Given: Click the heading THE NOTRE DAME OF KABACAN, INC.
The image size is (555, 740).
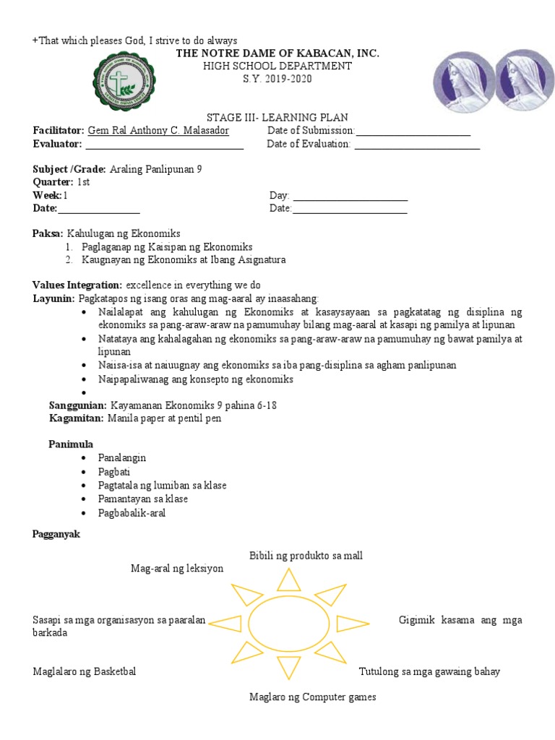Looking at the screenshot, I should pos(277,54).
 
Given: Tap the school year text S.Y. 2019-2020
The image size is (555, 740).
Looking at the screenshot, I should pos(277,79).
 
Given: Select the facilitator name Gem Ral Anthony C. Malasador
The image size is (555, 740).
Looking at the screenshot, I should pos(158,131).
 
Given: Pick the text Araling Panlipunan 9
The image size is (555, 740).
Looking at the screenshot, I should pos(155,169).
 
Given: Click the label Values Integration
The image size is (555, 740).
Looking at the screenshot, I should pos(77,285).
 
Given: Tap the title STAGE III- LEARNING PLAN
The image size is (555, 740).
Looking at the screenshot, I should pos(278,118).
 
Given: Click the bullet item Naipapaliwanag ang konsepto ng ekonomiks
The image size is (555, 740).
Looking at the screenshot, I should pos(195,379).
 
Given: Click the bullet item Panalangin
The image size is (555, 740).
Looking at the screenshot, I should pos(122,458).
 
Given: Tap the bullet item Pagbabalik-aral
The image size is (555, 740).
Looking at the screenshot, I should pos(132,512).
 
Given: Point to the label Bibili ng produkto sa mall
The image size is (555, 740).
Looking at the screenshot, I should pos(306,555).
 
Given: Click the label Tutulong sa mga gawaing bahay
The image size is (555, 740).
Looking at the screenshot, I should pos(429,671).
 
